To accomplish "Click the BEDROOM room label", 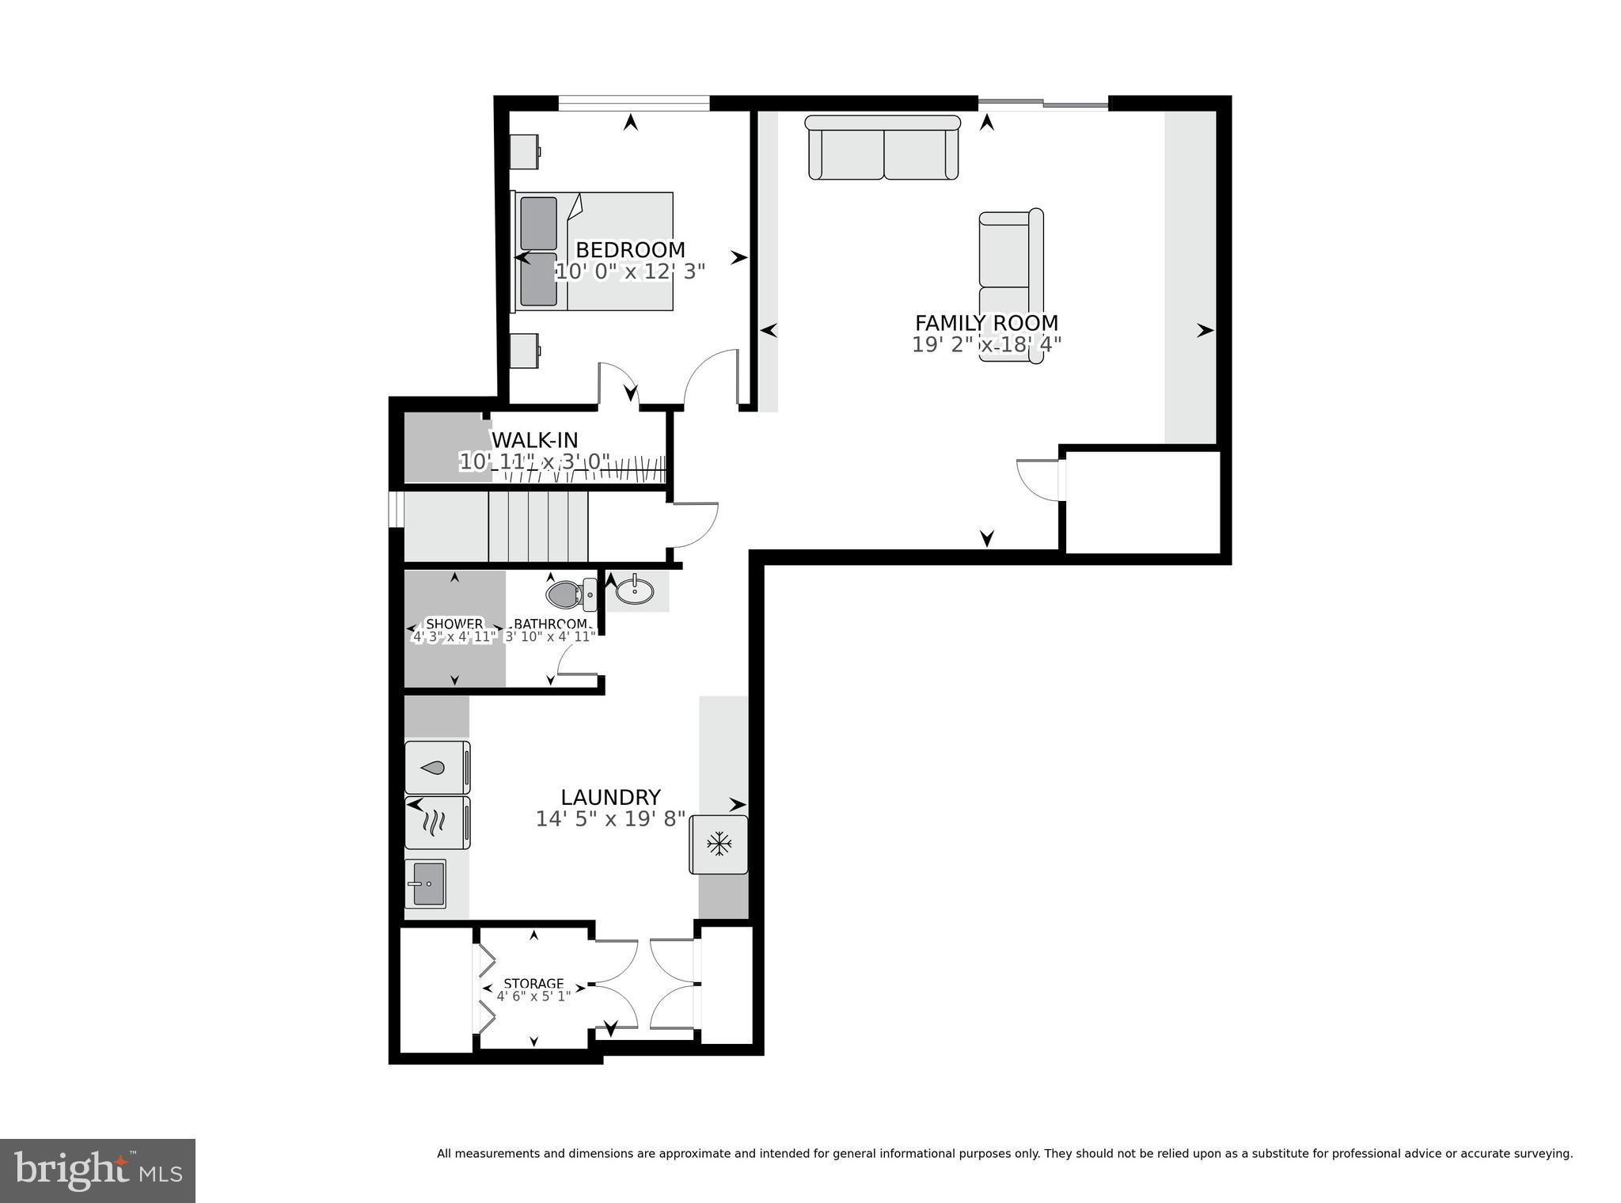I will [x=630, y=250].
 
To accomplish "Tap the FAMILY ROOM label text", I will [x=986, y=323].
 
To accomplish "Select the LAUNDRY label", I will [x=610, y=797].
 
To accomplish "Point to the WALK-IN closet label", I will [x=535, y=440].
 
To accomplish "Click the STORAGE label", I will [x=533, y=984].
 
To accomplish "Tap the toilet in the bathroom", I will [x=567, y=594].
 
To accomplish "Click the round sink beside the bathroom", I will [x=635, y=590].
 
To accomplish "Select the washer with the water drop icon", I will [x=437, y=767].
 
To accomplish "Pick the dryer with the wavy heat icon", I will [x=437, y=823].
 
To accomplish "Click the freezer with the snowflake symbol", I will [x=719, y=844].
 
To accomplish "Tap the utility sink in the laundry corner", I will [x=427, y=883].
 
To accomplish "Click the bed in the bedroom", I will [x=594, y=251].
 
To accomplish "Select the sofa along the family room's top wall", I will [x=883, y=148].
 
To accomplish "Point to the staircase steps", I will [x=538, y=526].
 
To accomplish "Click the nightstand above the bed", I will [x=524, y=152].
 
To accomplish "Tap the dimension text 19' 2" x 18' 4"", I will [x=986, y=344].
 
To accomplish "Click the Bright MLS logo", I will [x=97, y=1171].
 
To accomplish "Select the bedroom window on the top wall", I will [x=633, y=103].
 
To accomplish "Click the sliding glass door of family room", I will [x=1043, y=103].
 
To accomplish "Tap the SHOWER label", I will [x=454, y=624].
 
